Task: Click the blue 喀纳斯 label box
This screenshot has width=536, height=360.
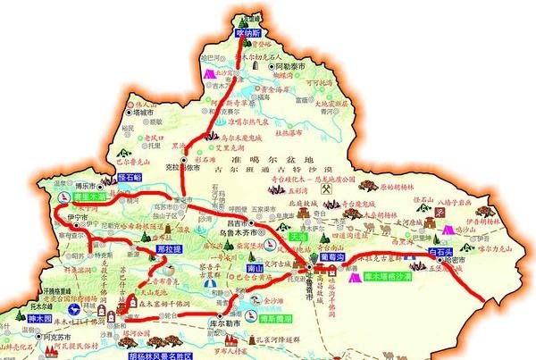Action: pos(253,32)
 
